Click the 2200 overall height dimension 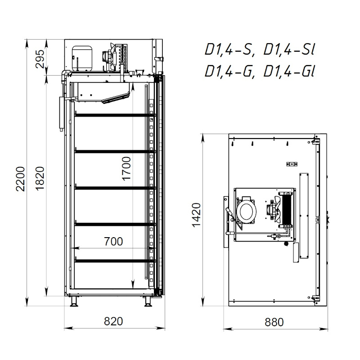[20, 179]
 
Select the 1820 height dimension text [40, 179]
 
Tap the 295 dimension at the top [40, 59]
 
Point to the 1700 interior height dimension [126, 169]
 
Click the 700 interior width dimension [113, 242]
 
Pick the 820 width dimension [113, 321]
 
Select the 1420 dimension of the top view [196, 215]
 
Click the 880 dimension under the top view [274, 322]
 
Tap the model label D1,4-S [229, 50]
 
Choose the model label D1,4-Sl [288, 50]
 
